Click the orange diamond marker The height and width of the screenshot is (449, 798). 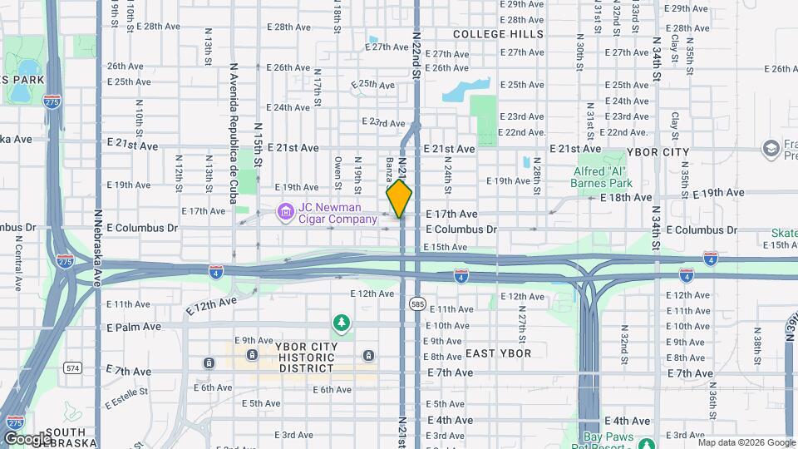(x=399, y=200)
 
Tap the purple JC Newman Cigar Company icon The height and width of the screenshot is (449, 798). (x=286, y=213)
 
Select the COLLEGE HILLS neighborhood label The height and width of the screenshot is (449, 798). (x=498, y=35)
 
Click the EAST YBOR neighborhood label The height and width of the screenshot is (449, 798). (x=498, y=353)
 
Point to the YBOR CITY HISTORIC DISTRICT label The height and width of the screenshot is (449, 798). (x=283, y=357)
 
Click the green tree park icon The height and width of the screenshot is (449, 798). (x=340, y=322)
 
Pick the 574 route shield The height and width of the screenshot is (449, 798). (x=71, y=367)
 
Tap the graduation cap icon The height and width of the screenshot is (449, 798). (x=770, y=149)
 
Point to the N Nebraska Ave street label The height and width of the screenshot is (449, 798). (x=97, y=246)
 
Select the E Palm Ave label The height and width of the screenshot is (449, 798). (x=134, y=327)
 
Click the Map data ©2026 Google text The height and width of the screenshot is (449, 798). (x=746, y=442)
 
